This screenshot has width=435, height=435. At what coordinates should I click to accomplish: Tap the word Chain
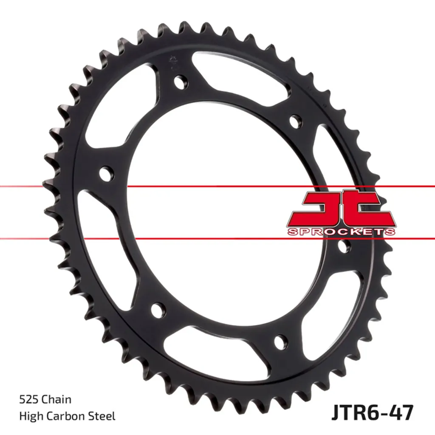56,399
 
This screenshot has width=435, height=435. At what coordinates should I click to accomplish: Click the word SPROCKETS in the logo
342,232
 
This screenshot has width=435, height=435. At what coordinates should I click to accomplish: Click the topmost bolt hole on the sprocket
181,82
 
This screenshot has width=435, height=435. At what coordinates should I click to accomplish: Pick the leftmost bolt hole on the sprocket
107,174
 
